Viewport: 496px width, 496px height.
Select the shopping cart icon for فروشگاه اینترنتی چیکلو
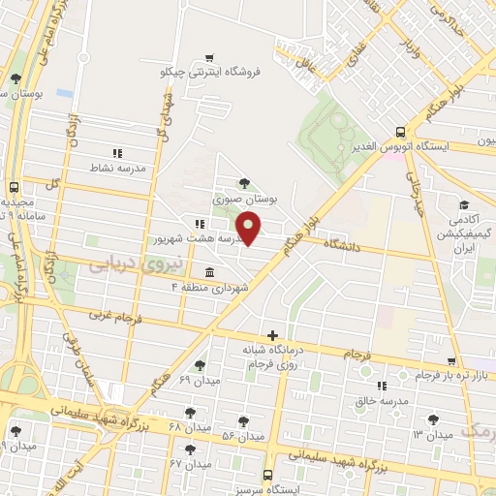coord(211,55)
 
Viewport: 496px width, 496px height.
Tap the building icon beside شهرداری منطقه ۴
coord(210,271)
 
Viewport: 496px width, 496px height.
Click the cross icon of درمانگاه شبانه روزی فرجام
coord(273,335)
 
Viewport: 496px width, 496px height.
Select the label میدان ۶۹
coord(201,381)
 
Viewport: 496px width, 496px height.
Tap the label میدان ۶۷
coord(190,465)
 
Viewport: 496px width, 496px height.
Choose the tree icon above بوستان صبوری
coord(243,181)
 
